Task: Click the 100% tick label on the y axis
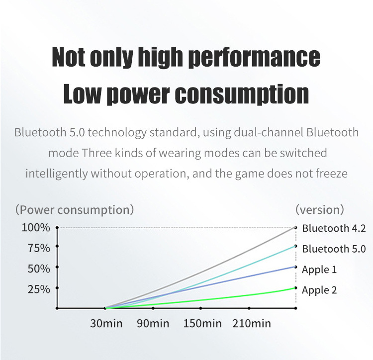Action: [x=36, y=228]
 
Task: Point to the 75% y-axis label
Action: [x=39, y=248]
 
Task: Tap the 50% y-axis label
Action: [x=39, y=269]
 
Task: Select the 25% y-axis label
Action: [x=39, y=289]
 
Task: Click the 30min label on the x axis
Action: [x=106, y=324]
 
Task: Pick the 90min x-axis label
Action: [x=153, y=324]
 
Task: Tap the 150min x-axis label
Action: [x=202, y=324]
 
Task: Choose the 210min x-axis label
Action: [x=252, y=324]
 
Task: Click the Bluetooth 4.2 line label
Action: [x=334, y=229]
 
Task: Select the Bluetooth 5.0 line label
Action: [x=334, y=249]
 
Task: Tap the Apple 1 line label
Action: [x=319, y=270]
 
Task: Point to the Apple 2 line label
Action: [x=319, y=290]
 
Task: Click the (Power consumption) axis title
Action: [x=74, y=210]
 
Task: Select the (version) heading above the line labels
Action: [x=319, y=210]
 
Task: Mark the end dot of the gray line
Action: [x=296, y=227]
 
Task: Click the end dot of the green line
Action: [x=296, y=288]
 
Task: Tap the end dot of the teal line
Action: [x=296, y=246]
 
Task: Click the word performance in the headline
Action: [x=254, y=57]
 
